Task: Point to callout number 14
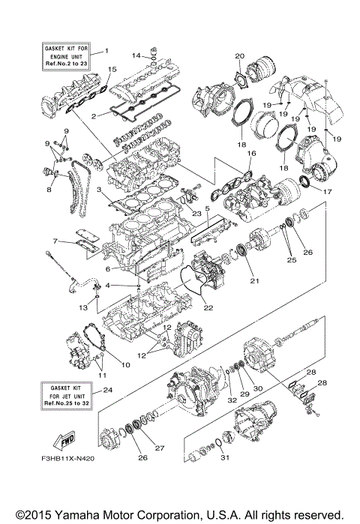[136, 55]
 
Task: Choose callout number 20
[240, 56]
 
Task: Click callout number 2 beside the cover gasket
[94, 116]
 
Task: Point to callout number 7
[55, 241]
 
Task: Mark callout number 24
[107, 390]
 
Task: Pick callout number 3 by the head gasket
[99, 190]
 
